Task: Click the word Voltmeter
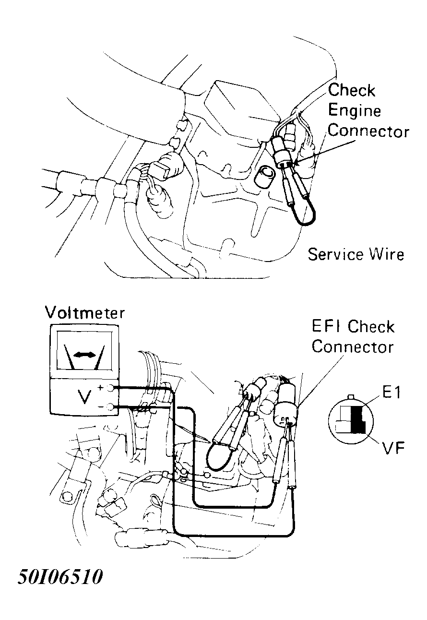(x=84, y=313)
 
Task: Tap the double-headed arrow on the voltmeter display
(x=84, y=355)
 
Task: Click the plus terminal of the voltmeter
(x=111, y=388)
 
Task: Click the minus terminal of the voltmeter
(x=111, y=407)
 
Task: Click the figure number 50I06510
(x=60, y=577)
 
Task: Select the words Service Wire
(x=356, y=254)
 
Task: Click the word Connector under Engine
(x=368, y=131)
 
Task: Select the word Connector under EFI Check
(x=353, y=346)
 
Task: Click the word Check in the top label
(x=351, y=90)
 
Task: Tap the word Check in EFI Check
(x=371, y=327)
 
